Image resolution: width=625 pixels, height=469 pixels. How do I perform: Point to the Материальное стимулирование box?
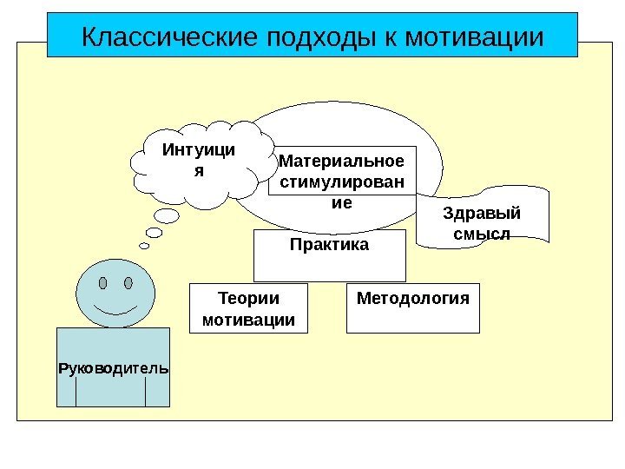click(x=343, y=182)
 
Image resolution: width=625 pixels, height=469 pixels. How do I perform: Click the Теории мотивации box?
click(x=248, y=309)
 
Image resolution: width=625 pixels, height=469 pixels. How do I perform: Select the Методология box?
click(x=412, y=308)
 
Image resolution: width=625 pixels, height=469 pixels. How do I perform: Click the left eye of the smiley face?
click(x=103, y=283)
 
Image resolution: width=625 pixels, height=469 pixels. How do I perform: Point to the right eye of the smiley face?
click(x=128, y=283)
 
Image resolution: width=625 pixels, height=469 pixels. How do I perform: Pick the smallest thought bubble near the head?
click(x=144, y=245)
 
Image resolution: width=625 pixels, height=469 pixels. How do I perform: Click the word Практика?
click(x=329, y=245)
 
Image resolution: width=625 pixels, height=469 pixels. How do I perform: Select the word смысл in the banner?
click(x=480, y=234)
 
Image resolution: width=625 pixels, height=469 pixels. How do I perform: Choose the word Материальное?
click(x=342, y=162)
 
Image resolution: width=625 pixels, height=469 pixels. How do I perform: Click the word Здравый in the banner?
click(x=480, y=214)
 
